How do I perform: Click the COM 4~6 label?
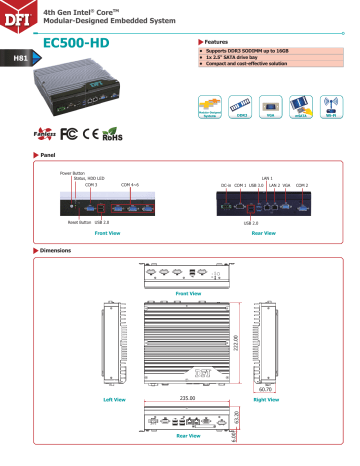[131, 186]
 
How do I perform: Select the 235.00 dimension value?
[189, 397]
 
